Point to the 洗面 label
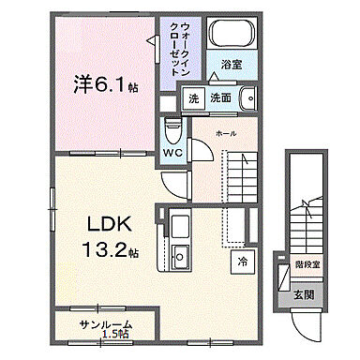(x=220, y=98)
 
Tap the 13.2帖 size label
(x=111, y=253)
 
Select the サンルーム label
(x=105, y=323)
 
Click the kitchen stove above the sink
(x=179, y=225)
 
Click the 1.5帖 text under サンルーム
(x=116, y=333)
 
